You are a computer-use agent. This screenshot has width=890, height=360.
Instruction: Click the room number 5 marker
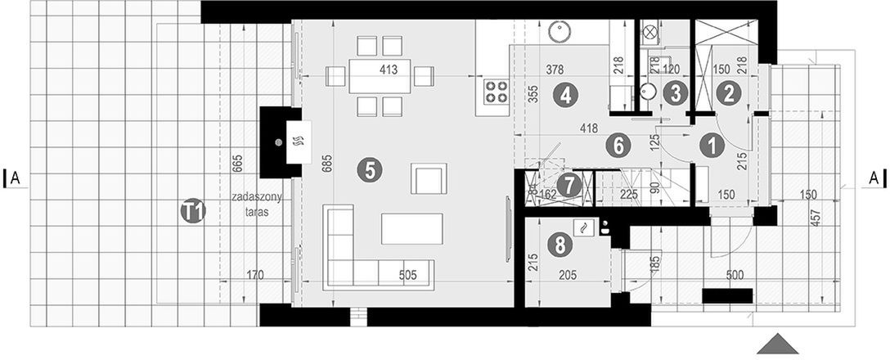[x=370, y=170]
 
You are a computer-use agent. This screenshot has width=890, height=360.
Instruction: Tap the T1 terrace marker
[x=193, y=212]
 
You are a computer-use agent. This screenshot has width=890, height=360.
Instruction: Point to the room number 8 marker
[x=560, y=242]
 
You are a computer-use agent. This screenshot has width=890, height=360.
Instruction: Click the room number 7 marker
[x=570, y=186]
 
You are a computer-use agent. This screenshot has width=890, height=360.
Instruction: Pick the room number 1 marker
[x=712, y=146]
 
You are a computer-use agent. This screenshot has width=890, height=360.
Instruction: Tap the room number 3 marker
[x=674, y=92]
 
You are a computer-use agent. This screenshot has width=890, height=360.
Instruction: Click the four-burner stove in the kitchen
[x=493, y=92]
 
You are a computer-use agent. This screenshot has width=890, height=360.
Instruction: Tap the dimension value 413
[x=388, y=70]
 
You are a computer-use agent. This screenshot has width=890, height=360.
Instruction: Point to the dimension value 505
[x=407, y=275]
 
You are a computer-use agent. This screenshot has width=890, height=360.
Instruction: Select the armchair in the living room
[x=430, y=178]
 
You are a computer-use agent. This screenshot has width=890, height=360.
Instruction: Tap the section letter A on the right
[x=873, y=177]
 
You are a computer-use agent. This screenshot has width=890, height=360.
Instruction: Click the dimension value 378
[x=560, y=70]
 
